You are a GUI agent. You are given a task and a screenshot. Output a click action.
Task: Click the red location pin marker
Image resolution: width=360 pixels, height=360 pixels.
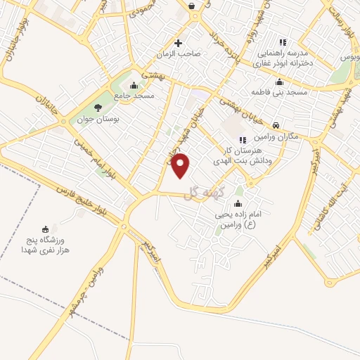181,165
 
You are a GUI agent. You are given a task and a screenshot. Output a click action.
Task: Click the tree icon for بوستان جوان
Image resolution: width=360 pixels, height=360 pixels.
97,107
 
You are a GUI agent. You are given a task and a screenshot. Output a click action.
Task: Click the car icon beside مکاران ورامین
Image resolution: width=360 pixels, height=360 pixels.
276,124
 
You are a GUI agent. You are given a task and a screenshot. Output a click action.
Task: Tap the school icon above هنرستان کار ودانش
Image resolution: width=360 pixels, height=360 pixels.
243,139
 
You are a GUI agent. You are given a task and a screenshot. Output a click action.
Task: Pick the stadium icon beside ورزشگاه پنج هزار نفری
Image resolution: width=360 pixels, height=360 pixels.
46,229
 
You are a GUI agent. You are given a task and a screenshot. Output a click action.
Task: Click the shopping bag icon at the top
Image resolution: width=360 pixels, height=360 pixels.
191,6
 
